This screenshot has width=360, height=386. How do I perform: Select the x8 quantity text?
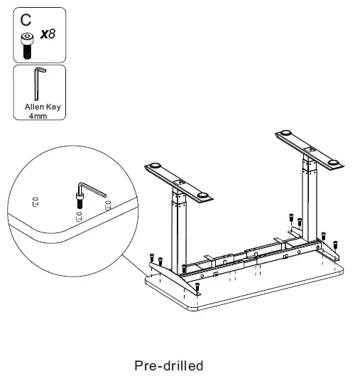pyautogui.click(x=48, y=34)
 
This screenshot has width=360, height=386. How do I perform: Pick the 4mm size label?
pyautogui.click(x=38, y=115)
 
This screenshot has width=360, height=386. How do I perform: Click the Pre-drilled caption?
pyautogui.click(x=168, y=366)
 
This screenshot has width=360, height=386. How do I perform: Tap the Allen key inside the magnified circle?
pyautogui.click(x=91, y=188)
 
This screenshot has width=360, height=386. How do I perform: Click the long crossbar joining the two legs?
pyautogui.click(x=241, y=253)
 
